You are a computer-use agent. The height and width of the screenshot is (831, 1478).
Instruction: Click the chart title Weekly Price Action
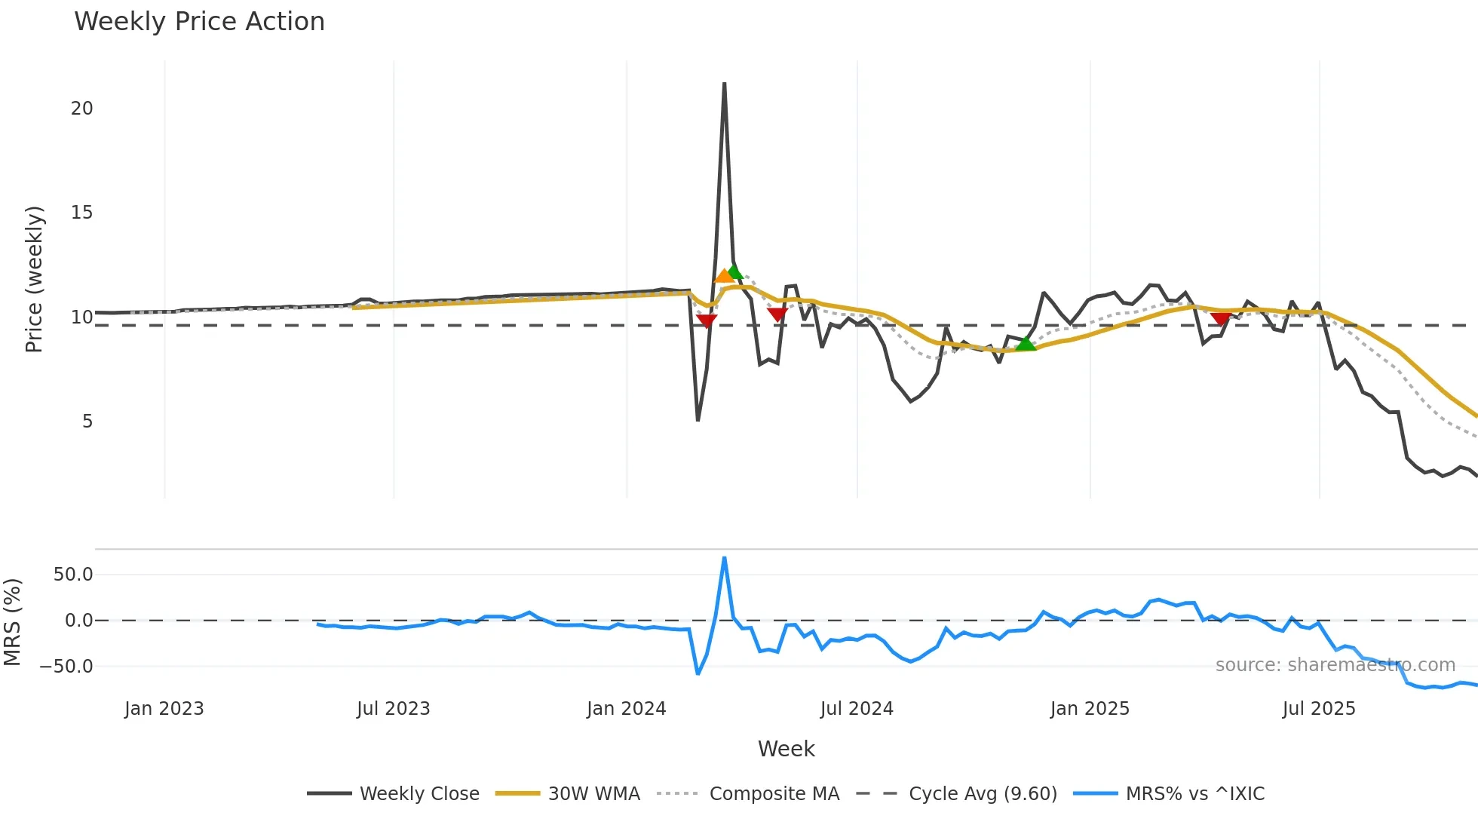[199, 22]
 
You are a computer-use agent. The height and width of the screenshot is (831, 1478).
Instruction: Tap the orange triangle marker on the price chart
[723, 276]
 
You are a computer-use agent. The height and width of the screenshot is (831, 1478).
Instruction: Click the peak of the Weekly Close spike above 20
[724, 84]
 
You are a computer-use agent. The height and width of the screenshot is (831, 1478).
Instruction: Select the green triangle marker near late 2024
[1025, 344]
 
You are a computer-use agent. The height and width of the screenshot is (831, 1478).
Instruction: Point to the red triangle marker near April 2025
[1220, 319]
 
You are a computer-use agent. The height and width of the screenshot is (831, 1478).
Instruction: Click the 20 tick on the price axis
[81, 109]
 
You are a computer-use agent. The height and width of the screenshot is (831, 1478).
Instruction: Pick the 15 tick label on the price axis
[81, 213]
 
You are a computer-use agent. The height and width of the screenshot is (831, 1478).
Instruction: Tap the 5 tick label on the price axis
[87, 422]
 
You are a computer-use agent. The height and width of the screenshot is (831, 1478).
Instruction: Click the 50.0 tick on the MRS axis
[73, 575]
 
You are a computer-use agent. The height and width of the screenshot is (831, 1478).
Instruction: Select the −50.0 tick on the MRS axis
[66, 667]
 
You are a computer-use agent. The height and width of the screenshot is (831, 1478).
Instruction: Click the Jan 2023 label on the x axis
[164, 709]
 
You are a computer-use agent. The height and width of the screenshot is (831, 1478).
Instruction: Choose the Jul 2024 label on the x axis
[857, 709]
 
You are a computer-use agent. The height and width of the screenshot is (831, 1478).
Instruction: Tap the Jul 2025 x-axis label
[1319, 709]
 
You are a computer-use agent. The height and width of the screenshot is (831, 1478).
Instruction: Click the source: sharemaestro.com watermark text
[1335, 665]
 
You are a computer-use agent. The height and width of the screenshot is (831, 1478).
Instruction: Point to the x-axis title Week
[786, 749]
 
